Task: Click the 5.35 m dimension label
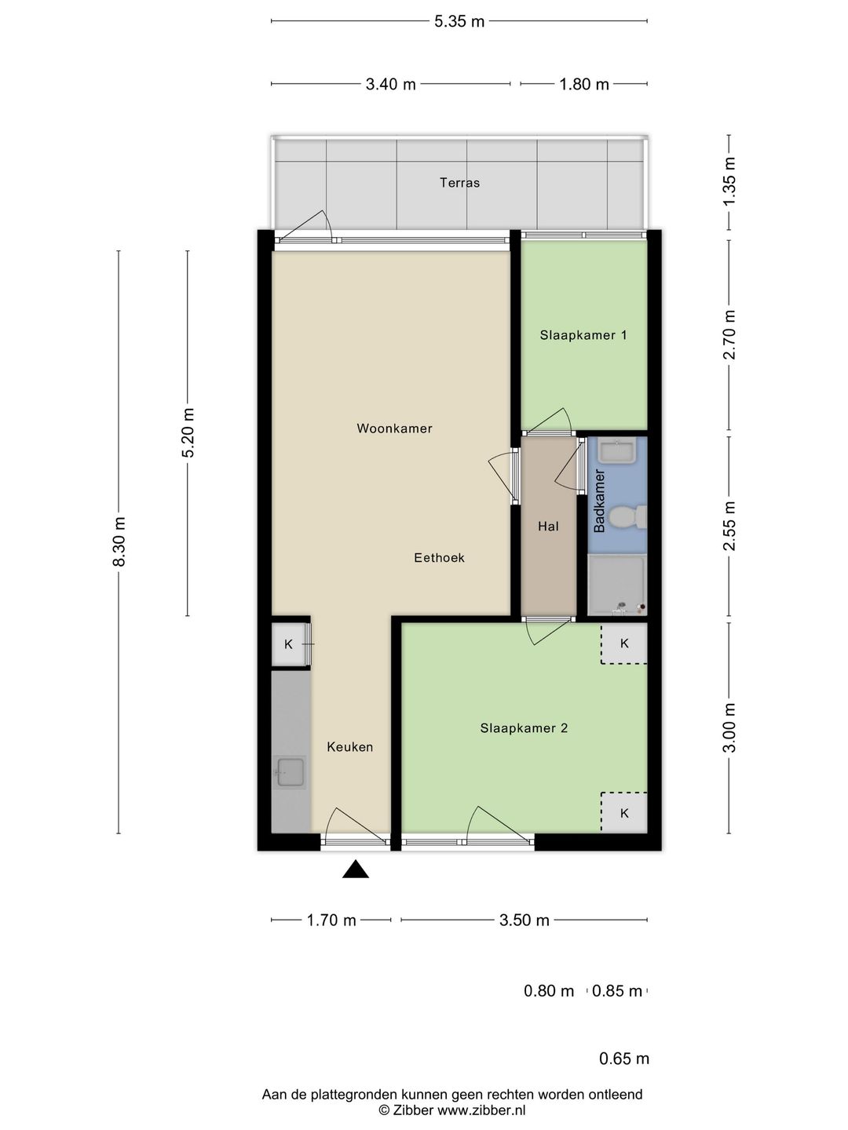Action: (459, 22)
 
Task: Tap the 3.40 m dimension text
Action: (390, 84)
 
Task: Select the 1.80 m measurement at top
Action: (584, 84)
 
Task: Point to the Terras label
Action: (459, 183)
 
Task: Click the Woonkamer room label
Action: (394, 428)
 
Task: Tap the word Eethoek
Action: (439, 557)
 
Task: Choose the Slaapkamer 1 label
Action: (583, 336)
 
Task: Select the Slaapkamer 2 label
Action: (524, 728)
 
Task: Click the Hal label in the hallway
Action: (548, 526)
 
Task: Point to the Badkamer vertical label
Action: (599, 501)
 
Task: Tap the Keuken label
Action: (349, 747)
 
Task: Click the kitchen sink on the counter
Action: (291, 772)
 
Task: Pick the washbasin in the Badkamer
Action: (617, 450)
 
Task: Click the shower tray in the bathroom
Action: (617, 585)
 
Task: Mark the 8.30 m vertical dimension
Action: (119, 541)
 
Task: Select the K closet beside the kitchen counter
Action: (289, 644)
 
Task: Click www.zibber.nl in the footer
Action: (481, 1110)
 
